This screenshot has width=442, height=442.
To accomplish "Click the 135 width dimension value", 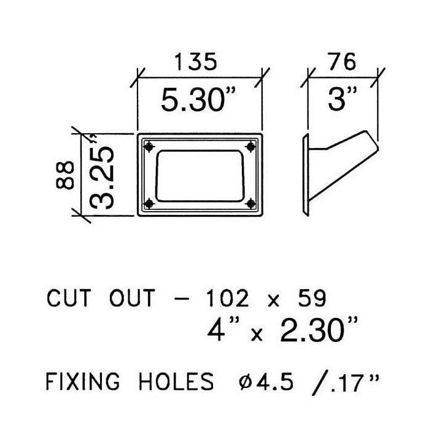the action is (196, 61).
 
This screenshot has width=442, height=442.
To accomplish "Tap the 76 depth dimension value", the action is (342, 61).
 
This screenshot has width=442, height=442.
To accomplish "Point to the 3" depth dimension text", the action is (342, 98).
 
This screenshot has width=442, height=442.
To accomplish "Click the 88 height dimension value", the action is (65, 175).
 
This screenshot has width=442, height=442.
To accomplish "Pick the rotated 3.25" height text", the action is (102, 172).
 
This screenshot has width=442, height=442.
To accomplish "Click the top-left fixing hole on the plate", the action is (149, 147).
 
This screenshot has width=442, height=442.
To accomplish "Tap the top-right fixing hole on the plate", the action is (250, 147).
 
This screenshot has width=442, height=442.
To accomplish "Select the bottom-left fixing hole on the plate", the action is (149, 203).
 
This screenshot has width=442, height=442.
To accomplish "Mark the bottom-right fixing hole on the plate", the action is (250, 203).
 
